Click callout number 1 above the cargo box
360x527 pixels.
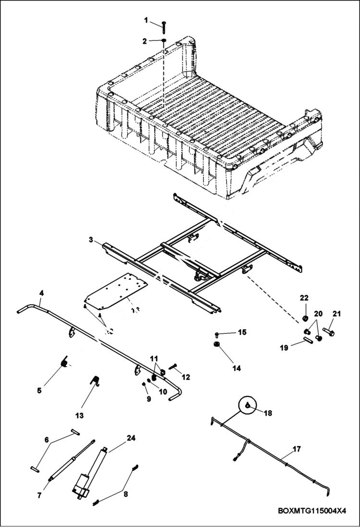point(146,20)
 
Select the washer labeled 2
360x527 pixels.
point(163,41)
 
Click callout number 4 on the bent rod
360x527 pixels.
point(41,292)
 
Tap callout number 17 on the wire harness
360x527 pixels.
point(297,449)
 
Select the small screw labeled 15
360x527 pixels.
point(217,333)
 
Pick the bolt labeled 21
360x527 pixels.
point(329,331)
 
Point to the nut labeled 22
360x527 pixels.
point(304,318)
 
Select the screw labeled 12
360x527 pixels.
point(173,368)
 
